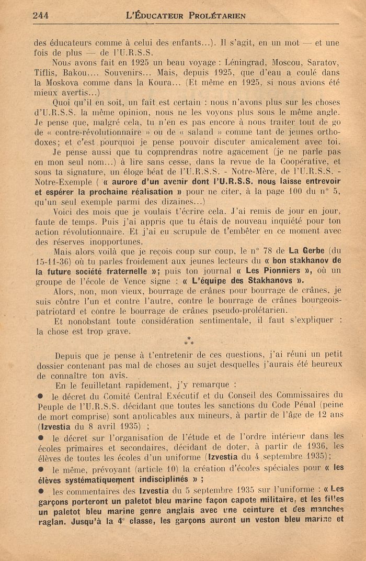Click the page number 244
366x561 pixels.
(40, 16)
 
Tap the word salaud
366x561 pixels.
(201, 132)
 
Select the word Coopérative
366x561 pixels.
(309, 162)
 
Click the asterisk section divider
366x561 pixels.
(189, 343)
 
